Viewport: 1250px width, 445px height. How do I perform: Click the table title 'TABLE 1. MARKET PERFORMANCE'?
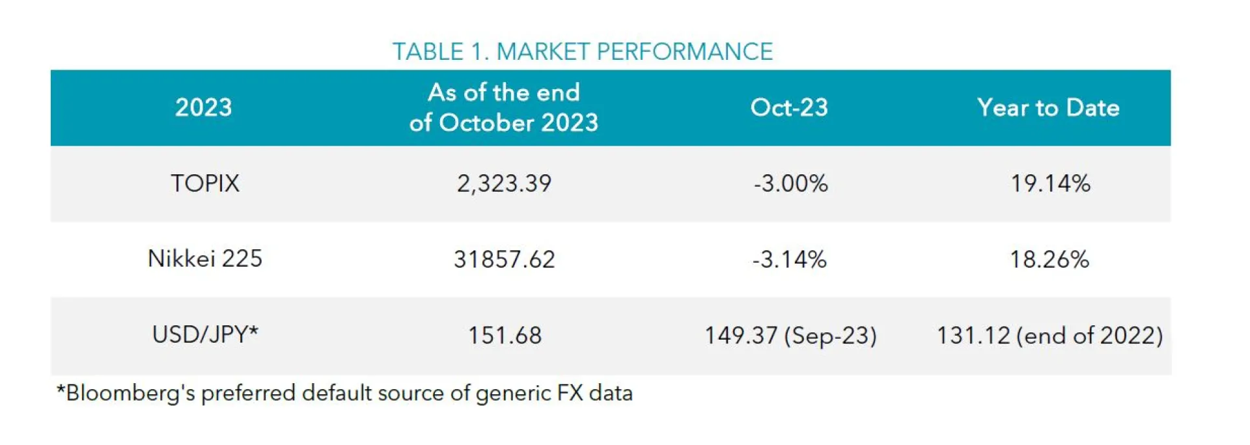tap(582, 51)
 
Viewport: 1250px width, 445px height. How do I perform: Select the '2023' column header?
tap(203, 107)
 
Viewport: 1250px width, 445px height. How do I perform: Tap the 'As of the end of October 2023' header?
tap(503, 107)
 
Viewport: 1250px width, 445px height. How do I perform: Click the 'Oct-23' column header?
tap(789, 107)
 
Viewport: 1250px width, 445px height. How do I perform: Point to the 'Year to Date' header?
tap(1048, 107)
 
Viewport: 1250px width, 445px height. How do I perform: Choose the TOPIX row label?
tap(205, 183)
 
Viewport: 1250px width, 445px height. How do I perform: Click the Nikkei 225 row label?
tap(205, 259)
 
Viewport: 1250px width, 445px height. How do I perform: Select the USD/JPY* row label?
tap(205, 334)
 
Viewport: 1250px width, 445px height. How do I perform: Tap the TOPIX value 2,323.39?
tap(504, 183)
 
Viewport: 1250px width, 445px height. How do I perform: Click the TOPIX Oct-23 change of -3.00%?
tap(790, 183)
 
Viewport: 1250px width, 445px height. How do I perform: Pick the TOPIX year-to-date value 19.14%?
tap(1050, 183)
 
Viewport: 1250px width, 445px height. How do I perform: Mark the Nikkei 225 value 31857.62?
tap(504, 260)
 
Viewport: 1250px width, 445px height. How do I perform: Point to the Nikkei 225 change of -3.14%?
tap(789, 260)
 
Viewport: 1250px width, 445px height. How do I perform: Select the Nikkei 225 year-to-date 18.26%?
tap(1049, 260)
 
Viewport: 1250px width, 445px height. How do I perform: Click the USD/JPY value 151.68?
tap(505, 336)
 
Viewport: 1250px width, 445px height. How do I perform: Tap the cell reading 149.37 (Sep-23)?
tap(790, 336)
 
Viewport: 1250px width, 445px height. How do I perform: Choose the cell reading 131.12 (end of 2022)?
tap(1049, 336)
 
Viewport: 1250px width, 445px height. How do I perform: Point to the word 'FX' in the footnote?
tap(570, 394)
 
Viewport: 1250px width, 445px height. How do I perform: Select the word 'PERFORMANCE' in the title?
tap(684, 51)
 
